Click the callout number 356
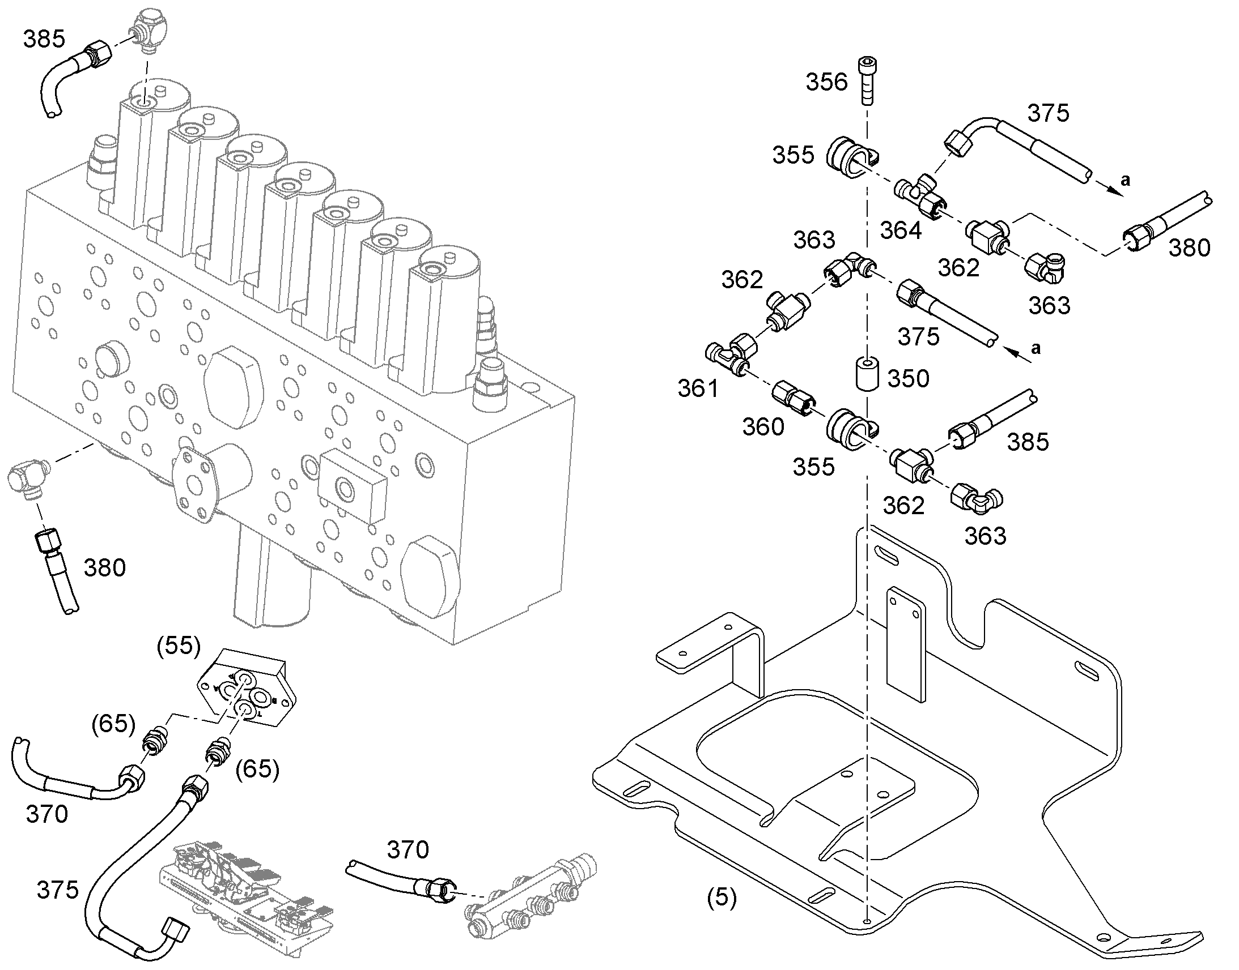click(826, 82)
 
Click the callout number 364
click(901, 230)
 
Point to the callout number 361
click(698, 388)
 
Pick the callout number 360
click(763, 427)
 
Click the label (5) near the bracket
click(721, 898)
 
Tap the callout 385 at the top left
click(44, 39)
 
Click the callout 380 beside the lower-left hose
click(105, 568)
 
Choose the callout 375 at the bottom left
click(57, 890)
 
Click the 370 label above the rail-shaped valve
click(408, 850)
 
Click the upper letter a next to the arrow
click(1125, 180)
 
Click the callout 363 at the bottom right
click(985, 536)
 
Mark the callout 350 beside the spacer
click(908, 378)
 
